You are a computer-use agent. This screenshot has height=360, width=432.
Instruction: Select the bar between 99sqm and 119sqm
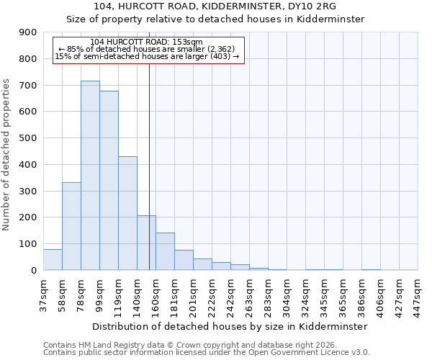pos(109,180)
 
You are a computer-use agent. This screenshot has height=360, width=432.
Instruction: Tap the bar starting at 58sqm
pos(71,226)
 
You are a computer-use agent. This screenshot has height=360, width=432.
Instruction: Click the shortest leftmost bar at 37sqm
pos(53,259)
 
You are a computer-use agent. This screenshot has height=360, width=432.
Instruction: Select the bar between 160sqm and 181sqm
pos(165,251)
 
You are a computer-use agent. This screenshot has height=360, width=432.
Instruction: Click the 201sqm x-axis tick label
pos(193,294)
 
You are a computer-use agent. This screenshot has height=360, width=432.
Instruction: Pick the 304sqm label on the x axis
pos(287,294)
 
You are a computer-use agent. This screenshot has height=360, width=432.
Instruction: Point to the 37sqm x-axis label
pos(43,292)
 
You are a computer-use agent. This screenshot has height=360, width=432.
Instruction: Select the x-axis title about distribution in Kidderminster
pos(230,326)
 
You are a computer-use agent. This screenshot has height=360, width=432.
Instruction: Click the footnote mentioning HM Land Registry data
pos(189,345)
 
